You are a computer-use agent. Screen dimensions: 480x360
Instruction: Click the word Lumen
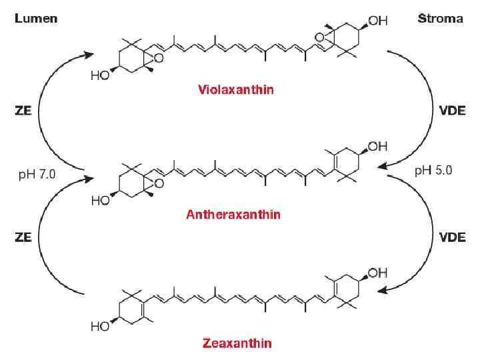[x=36, y=18]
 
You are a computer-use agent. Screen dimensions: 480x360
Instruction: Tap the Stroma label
[x=440, y=18]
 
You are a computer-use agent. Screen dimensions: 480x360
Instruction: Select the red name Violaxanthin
[x=235, y=89]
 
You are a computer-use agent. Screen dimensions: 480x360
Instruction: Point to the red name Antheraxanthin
[x=233, y=214]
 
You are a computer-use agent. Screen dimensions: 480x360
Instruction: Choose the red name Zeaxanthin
[x=237, y=343]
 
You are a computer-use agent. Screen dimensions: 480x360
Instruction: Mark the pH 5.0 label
[x=433, y=170]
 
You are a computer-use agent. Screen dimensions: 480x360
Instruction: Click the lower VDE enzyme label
[x=457, y=237]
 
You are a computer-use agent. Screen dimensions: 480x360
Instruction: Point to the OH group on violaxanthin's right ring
[x=377, y=21]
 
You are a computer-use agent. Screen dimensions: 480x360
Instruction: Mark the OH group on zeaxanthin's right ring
[x=377, y=272]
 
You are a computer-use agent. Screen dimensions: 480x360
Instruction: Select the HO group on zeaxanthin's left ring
[x=99, y=327]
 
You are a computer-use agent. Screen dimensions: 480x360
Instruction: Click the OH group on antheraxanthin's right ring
[x=377, y=145]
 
